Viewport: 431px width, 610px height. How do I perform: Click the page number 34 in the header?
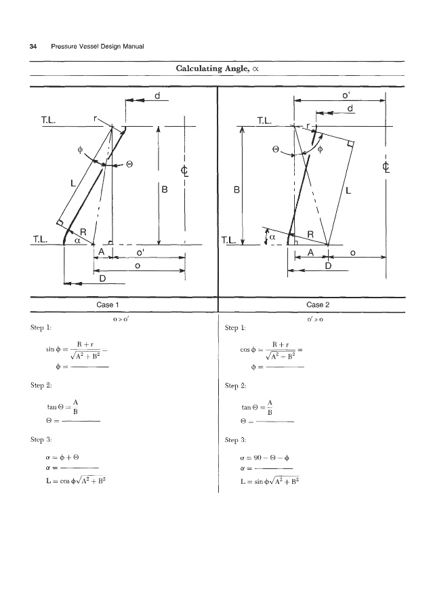[33, 46]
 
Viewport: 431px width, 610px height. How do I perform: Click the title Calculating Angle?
[215, 68]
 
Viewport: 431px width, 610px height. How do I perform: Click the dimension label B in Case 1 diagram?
[165, 190]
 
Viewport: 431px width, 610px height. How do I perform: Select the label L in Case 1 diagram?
[71, 182]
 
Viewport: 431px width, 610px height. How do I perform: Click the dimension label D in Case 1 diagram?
[103, 279]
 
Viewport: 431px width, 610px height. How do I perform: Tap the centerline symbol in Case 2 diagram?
[386, 166]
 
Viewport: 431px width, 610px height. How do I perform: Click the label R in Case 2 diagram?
[310, 234]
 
